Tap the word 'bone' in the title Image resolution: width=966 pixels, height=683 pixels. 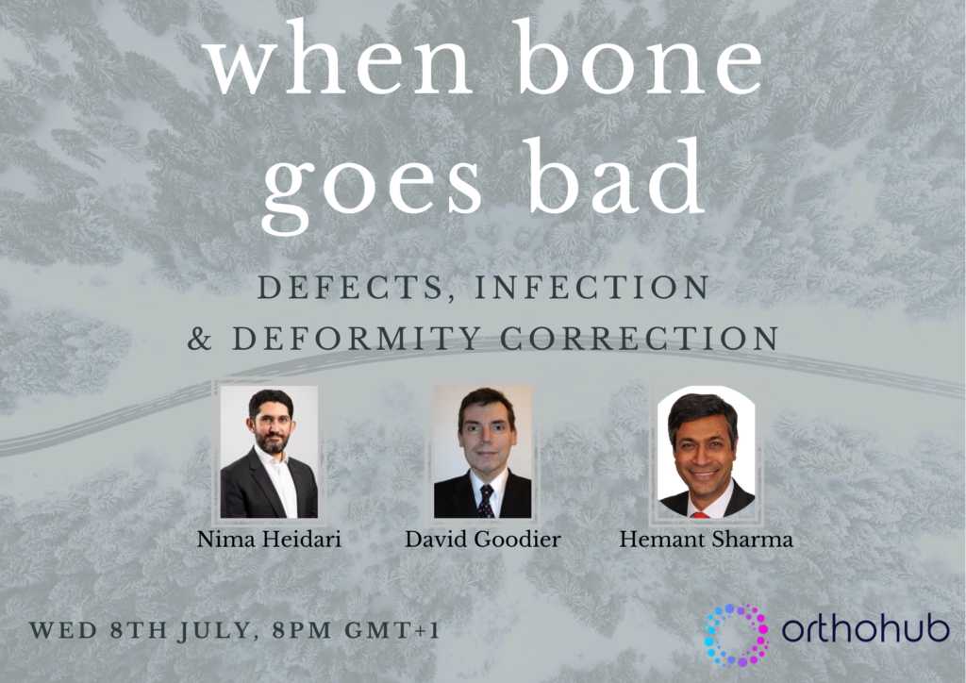(639, 58)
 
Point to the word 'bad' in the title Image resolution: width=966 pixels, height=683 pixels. (615, 175)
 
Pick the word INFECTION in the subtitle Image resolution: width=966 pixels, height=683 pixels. (591, 288)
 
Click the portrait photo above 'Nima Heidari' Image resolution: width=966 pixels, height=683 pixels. (269, 452)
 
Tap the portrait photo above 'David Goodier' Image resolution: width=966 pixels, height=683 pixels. (482, 452)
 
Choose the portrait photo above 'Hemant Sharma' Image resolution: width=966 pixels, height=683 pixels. (706, 452)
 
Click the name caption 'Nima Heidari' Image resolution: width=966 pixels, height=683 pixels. (269, 541)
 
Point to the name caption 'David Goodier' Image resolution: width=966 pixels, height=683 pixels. (482, 541)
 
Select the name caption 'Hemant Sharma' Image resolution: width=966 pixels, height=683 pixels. (706, 541)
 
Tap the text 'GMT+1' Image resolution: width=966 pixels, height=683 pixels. (391, 630)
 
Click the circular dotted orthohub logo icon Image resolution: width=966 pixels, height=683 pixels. (736, 635)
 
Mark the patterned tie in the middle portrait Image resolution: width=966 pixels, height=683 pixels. (486, 501)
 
